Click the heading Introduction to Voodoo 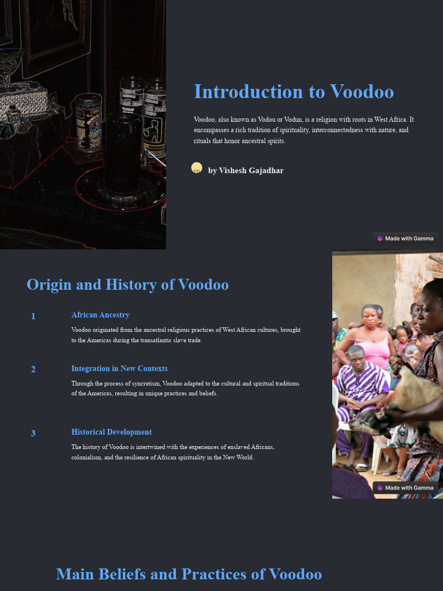[294, 92]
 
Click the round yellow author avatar [197, 168]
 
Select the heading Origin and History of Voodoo [127, 285]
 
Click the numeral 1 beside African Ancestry [33, 316]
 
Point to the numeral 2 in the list [33, 369]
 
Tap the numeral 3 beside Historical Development [33, 433]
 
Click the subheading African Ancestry [100, 315]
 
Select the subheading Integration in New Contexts [119, 369]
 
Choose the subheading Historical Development [111, 432]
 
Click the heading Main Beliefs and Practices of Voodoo [189, 574]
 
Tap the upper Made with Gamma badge [406, 238]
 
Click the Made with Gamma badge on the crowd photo [406, 488]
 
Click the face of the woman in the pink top [370, 317]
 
